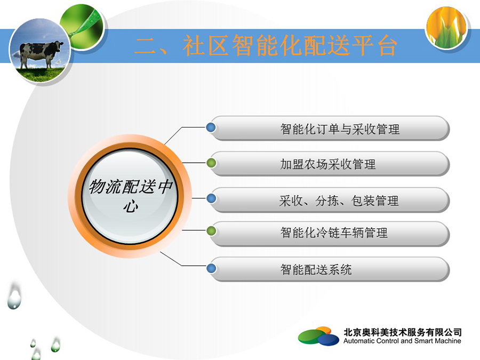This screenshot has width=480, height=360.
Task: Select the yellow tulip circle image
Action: (446, 28)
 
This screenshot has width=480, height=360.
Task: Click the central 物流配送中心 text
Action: (131, 195)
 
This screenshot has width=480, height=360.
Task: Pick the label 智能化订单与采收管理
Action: (340, 129)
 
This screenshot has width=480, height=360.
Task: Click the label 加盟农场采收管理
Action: (328, 164)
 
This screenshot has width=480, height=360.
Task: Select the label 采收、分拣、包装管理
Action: (339, 201)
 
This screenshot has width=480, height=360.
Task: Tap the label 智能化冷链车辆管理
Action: (334, 233)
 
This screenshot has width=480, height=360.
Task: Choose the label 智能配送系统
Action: (316, 269)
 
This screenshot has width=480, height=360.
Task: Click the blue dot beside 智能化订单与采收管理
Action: (211, 127)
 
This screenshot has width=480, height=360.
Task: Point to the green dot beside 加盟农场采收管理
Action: (211, 163)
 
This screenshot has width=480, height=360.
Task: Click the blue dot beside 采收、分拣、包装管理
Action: (211, 198)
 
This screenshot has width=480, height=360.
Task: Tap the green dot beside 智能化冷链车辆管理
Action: (211, 231)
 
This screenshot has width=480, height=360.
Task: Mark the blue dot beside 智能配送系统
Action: (211, 268)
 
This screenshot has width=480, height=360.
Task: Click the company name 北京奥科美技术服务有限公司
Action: (402, 332)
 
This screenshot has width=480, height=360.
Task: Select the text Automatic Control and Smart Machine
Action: (402, 341)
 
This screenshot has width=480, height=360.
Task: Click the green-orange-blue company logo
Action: (319, 336)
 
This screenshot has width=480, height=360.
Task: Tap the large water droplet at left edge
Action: (14, 296)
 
